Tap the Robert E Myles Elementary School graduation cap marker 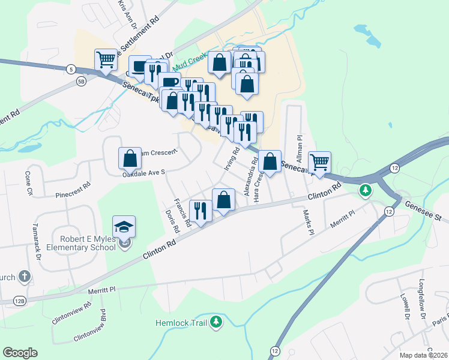point(124,227)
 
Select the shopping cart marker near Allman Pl point(319,162)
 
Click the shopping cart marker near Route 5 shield point(106,59)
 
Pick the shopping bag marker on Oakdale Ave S point(130,158)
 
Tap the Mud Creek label point(190,61)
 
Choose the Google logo point(20,353)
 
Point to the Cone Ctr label point(28,184)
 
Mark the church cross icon point(23,277)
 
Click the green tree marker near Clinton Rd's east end point(364,191)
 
